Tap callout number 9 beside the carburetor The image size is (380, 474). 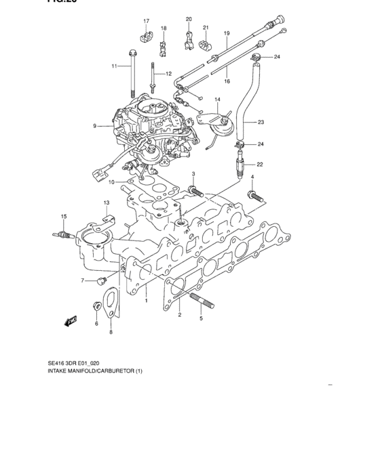(x=96, y=125)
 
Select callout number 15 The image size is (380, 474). (x=64, y=216)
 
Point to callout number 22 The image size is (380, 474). (x=260, y=164)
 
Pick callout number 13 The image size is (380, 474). (x=106, y=202)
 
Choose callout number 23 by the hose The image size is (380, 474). (x=261, y=123)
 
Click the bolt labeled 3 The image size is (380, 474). (x=195, y=192)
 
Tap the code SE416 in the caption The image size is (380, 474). (x=56, y=363)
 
